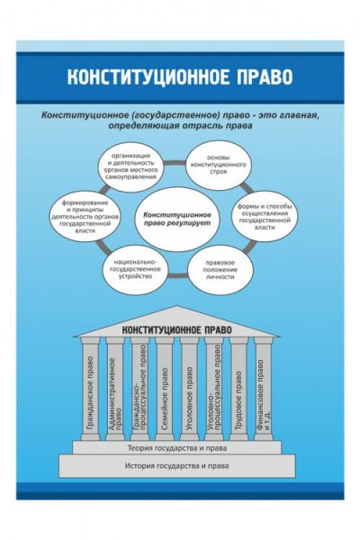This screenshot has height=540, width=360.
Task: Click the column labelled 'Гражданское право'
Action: tap(91, 387)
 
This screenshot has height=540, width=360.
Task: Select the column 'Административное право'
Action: tap(115, 387)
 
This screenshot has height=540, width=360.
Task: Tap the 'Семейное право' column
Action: tap(165, 387)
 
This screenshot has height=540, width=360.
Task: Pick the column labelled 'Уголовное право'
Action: tap(189, 387)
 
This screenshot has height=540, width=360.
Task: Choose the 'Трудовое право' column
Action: tap(238, 387)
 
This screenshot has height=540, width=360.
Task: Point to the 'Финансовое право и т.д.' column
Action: tap(263, 387)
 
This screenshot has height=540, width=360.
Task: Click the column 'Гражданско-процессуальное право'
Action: tap(140, 387)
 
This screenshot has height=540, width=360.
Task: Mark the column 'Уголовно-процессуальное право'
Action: tap(214, 387)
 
